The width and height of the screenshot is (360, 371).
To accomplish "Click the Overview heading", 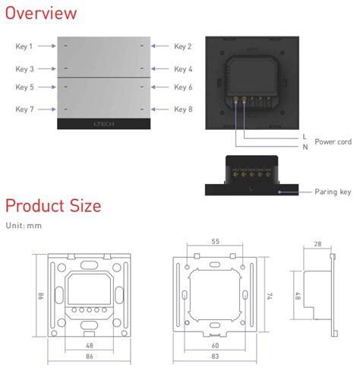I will point(41,13).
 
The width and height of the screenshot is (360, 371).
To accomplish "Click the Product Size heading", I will point(53,205).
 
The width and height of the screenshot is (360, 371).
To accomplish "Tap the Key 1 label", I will point(24,47).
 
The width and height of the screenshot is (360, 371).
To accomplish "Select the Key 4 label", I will point(182,69).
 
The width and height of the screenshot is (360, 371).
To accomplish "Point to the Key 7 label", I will point(24,109).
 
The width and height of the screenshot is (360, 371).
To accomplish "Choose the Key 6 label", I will point(182,87).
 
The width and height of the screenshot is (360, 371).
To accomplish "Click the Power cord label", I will point(332,141).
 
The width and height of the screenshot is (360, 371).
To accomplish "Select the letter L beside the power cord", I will point(305,136).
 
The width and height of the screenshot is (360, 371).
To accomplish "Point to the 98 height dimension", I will point(41,295).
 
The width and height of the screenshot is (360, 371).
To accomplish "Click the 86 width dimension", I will point(90,356).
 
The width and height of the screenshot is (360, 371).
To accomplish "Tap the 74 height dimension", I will point(270,295).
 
